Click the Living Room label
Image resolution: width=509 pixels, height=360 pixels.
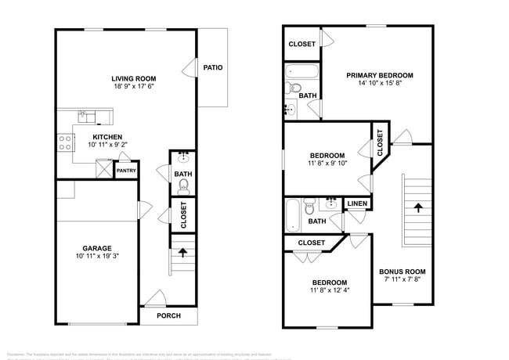(x=133, y=78)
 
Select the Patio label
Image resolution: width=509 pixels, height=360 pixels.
(x=213, y=67)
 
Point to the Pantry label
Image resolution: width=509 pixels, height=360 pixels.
(x=125, y=170)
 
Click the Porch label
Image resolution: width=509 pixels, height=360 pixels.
(x=168, y=315)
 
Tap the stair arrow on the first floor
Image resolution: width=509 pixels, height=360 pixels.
(x=183, y=253)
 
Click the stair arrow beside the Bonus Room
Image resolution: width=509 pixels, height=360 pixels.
(x=417, y=208)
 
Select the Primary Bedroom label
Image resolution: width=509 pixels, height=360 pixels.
(x=380, y=75)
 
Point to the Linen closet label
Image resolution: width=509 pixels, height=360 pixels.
(x=357, y=203)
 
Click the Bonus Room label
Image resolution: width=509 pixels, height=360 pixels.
(x=403, y=271)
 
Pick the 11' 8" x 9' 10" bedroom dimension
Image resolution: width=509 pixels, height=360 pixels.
(x=327, y=164)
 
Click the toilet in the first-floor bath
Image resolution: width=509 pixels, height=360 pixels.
(x=183, y=185)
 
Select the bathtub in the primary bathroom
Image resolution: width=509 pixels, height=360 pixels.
(x=301, y=73)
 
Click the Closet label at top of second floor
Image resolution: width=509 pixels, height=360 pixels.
(x=302, y=45)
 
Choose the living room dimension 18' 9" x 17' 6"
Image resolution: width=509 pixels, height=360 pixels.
(x=133, y=87)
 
